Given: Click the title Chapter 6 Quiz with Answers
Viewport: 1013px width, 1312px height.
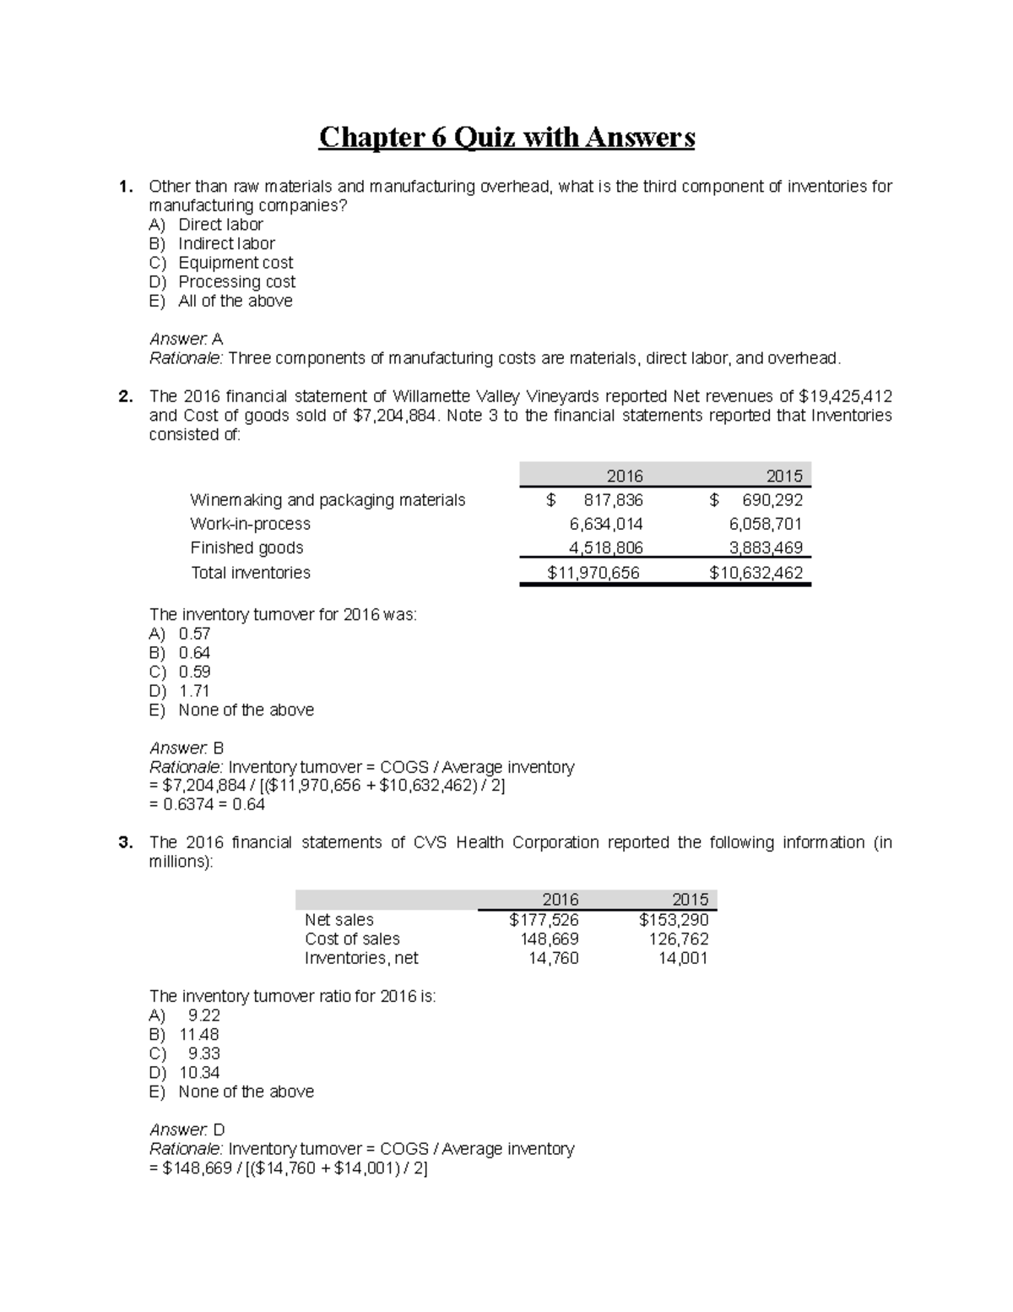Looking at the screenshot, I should (506, 137).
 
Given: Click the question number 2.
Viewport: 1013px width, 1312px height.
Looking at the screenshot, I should (125, 397).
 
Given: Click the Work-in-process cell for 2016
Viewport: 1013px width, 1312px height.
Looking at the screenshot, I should (605, 524).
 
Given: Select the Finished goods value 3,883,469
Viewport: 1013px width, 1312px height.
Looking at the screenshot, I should (766, 547).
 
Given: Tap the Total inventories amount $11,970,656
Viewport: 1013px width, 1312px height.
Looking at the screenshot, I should (593, 573).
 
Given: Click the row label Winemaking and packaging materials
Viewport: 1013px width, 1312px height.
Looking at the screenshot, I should (328, 500).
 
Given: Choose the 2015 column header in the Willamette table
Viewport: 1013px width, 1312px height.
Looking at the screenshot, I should (783, 476).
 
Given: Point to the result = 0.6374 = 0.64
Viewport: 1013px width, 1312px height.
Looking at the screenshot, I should (207, 804).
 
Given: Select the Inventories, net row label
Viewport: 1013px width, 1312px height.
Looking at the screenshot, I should (361, 958).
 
